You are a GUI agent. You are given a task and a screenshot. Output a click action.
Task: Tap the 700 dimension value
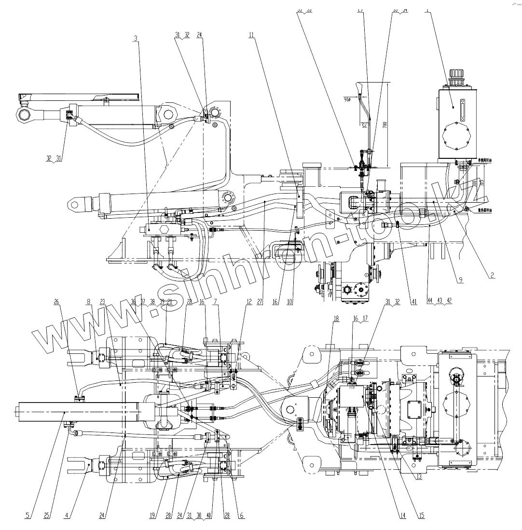coord(385,124)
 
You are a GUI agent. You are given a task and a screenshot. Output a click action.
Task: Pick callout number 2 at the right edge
coord(492,275)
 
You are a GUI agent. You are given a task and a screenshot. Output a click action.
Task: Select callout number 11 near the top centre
coord(251,35)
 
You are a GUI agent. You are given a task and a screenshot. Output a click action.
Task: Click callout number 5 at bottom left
coord(27,515)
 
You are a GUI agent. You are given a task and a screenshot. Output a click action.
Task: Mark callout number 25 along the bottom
coord(47,515)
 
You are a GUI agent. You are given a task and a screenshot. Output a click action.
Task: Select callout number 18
coord(335,319)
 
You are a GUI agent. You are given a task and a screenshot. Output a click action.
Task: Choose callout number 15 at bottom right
coord(422,515)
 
